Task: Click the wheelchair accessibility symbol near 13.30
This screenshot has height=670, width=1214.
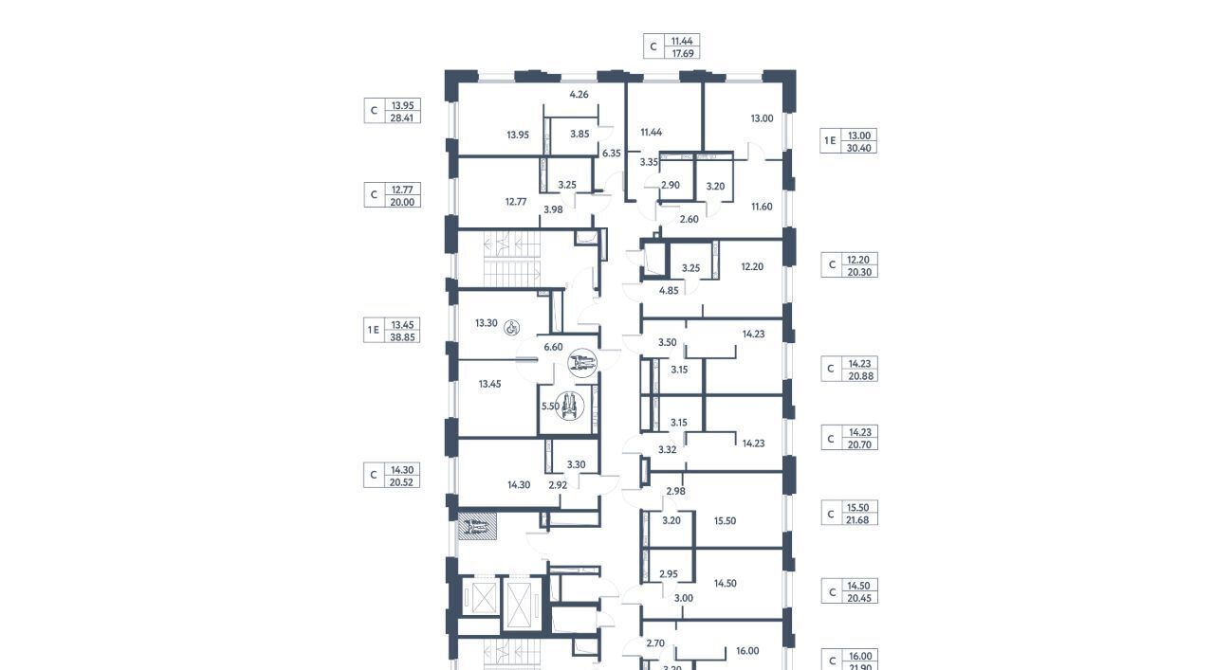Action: [511, 327]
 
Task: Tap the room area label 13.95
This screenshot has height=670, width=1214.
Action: [518, 135]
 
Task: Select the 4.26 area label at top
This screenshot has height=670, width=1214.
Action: [579, 94]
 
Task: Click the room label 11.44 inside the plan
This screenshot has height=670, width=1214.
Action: [651, 132]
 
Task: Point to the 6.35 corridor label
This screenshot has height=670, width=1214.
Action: [612, 154]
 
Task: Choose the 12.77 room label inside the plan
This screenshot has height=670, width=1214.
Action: [516, 202]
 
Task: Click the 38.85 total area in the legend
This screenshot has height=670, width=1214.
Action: [403, 337]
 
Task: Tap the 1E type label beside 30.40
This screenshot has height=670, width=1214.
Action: [830, 141]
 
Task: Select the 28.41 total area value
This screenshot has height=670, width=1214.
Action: [402, 118]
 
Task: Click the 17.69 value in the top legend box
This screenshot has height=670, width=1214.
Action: [683, 53]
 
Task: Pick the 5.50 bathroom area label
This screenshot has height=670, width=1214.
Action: [550, 406]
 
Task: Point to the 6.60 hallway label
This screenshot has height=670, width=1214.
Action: [553, 347]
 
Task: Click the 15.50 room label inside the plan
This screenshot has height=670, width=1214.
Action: [725, 521]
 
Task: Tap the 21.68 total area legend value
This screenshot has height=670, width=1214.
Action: [857, 520]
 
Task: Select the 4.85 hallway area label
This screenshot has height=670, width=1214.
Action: [669, 291]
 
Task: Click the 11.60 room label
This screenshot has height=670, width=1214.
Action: [762, 207]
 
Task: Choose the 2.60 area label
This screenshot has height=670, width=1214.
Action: [689, 219]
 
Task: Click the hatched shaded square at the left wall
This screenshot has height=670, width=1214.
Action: [477, 526]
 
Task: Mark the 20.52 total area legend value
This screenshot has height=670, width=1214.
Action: [401, 482]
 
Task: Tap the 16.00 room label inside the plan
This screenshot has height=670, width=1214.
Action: [747, 651]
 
